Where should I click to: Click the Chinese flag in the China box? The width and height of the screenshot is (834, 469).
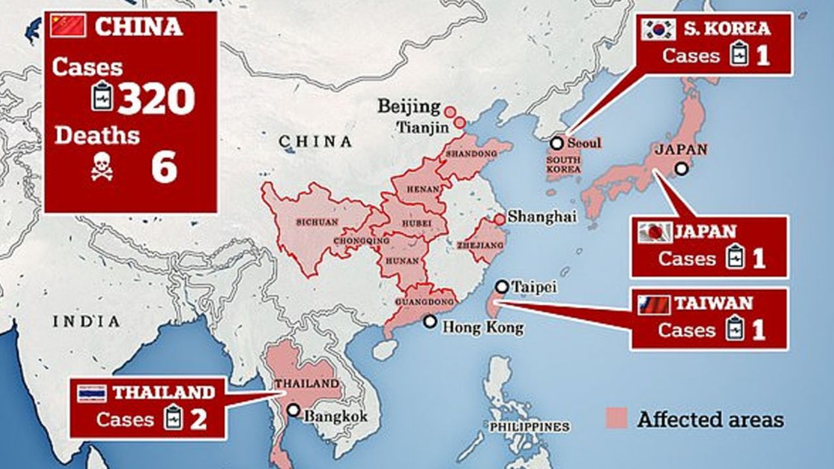[68, 25]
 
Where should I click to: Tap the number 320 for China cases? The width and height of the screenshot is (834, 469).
[156, 98]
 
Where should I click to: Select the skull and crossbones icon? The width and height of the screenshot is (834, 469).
[102, 167]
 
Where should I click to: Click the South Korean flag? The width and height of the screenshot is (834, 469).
[658, 29]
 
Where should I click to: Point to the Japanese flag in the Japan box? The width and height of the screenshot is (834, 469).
[655, 232]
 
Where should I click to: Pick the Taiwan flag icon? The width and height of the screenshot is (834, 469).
[654, 304]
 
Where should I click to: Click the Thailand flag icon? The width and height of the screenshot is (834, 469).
[92, 393]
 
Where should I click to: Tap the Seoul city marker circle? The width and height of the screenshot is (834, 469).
[556, 143]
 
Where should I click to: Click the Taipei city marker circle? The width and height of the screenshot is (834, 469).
[502, 286]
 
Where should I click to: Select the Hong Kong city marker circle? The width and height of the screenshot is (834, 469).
[429, 321]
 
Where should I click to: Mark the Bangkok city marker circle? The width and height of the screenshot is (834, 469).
[293, 410]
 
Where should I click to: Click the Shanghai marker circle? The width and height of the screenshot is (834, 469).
[499, 220]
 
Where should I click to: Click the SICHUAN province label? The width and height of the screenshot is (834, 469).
[317, 221]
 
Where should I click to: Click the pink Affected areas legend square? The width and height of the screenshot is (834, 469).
[617, 418]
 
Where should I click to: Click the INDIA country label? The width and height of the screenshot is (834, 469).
[87, 321]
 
